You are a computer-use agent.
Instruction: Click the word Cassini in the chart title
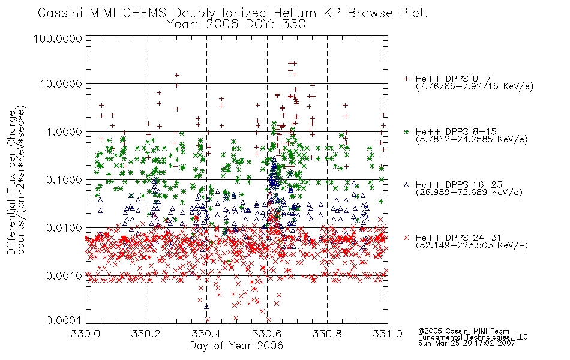[61, 13]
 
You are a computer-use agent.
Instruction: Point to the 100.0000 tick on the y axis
[58, 38]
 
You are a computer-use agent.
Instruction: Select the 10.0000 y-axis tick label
[61, 84]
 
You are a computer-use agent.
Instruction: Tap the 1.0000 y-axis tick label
[64, 131]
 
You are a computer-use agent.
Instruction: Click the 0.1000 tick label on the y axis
[64, 179]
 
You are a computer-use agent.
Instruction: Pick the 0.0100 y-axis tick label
[64, 228]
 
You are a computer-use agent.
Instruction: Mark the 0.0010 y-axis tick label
[64, 276]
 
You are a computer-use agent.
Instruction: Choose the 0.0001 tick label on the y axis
[64, 320]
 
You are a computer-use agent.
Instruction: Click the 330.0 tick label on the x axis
[86, 334]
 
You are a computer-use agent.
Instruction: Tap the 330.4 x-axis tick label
[206, 334]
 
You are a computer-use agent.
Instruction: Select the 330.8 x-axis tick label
[327, 334]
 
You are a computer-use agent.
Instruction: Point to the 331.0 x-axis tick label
[388, 334]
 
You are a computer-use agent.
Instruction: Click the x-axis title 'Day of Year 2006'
[236, 346]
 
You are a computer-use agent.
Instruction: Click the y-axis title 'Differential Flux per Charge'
[12, 181]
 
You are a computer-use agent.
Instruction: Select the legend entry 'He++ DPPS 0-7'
[453, 79]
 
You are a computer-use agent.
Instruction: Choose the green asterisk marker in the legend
[406, 131]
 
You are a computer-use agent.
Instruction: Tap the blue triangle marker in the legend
[406, 185]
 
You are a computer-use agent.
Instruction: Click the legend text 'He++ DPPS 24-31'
[458, 238]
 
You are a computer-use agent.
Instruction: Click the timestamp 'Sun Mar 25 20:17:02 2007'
[466, 343]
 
